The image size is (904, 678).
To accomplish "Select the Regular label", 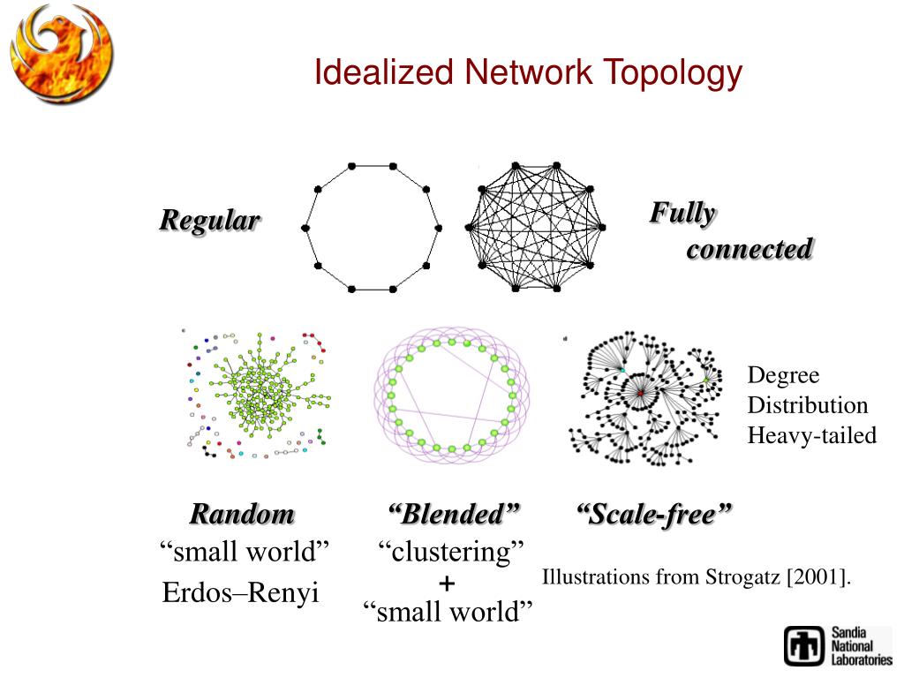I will tap(209, 221).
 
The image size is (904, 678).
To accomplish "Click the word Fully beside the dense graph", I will tap(682, 213).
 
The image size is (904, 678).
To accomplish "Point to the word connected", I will tap(750, 250).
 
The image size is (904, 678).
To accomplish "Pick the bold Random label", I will tap(242, 514).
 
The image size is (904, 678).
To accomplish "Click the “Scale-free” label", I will tap(654, 514).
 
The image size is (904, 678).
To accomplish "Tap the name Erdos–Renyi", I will tap(240, 592).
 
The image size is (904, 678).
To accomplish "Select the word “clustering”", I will tap(451, 553).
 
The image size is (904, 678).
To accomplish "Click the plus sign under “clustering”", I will tap(447, 584).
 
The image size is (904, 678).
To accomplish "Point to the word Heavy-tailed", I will tap(812, 435).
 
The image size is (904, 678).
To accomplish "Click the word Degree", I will tap(784, 376).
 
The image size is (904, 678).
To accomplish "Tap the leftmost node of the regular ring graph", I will tap(305, 228).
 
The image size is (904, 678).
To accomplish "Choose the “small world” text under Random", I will tap(245, 554).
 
